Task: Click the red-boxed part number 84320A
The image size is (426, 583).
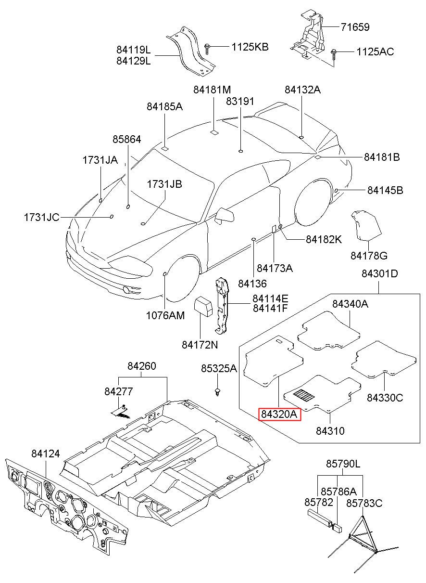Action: pyautogui.click(x=279, y=414)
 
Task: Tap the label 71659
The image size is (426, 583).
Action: pyautogui.click(x=355, y=27)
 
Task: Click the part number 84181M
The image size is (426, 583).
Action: pyautogui.click(x=212, y=90)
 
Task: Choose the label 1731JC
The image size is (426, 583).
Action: pyautogui.click(x=42, y=217)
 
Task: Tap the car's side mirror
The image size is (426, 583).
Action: pyautogui.click(x=224, y=215)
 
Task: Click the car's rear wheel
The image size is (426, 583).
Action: pyautogui.click(x=314, y=203)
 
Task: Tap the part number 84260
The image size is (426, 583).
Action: pyautogui.click(x=142, y=366)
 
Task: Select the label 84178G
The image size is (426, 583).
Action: pyautogui.click(x=369, y=256)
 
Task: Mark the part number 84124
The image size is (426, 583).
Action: pyautogui.click(x=46, y=453)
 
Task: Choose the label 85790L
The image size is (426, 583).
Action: pyautogui.click(x=343, y=464)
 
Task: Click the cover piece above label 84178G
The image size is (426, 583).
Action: pyautogui.click(x=366, y=226)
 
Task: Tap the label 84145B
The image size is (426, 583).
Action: pyautogui.click(x=385, y=190)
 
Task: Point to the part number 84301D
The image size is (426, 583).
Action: pyautogui.click(x=380, y=273)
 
